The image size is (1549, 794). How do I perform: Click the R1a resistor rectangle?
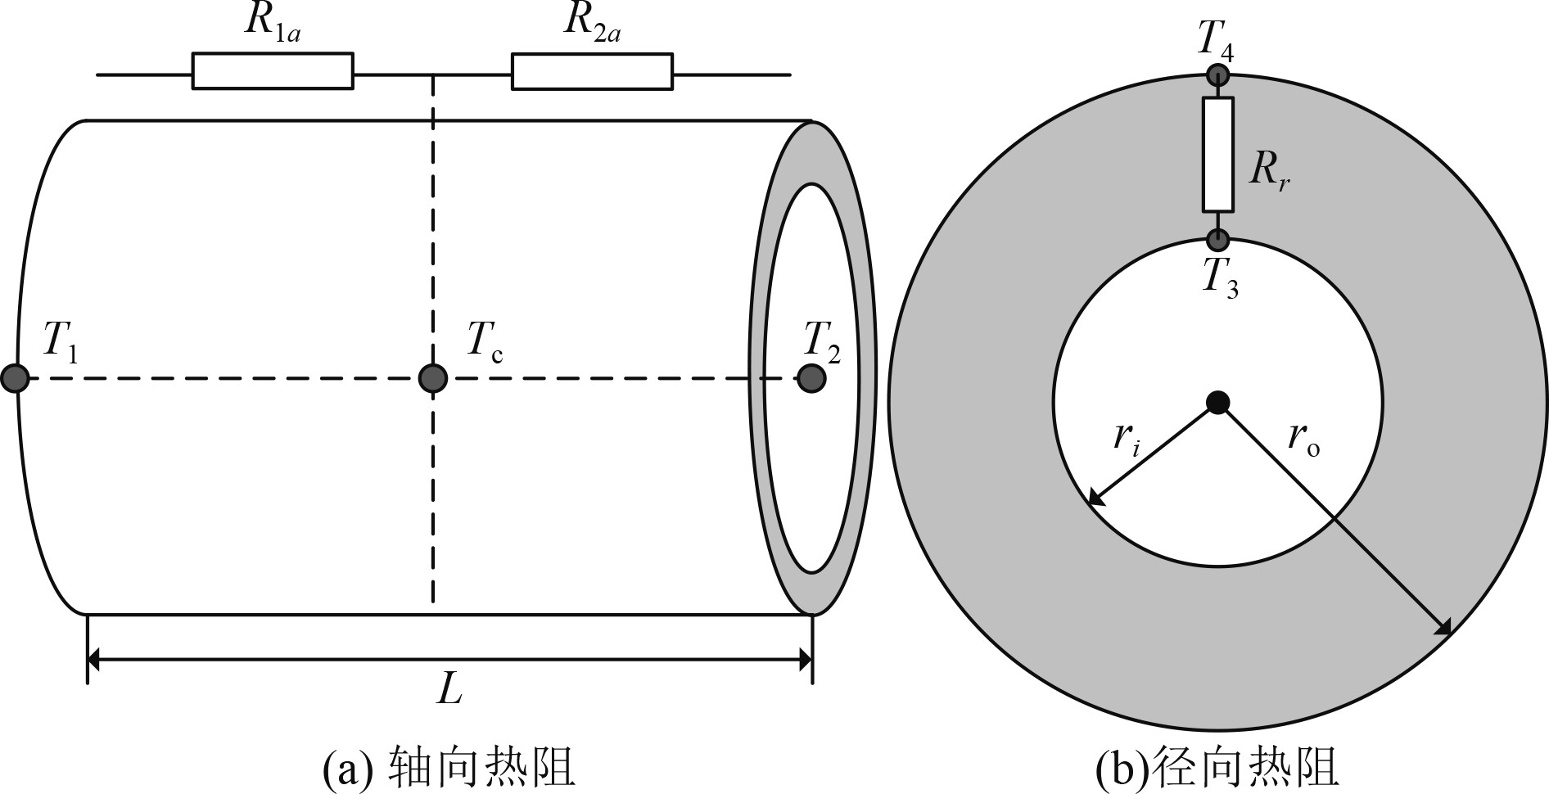click(x=273, y=71)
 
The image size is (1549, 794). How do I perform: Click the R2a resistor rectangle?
click(x=592, y=71)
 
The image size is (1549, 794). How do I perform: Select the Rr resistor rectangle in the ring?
click(x=1217, y=154)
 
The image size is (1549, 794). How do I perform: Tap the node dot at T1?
click(x=15, y=378)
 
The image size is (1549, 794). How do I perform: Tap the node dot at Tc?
click(x=432, y=378)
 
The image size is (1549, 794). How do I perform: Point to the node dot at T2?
click(x=811, y=378)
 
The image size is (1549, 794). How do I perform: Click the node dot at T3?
click(x=1218, y=240)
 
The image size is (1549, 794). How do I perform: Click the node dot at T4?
click(x=1218, y=76)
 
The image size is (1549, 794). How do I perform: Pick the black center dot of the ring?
click(x=1218, y=402)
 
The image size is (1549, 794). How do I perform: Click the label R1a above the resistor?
click(x=273, y=23)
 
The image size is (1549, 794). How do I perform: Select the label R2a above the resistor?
click(x=591, y=23)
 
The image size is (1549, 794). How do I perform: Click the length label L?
click(x=449, y=689)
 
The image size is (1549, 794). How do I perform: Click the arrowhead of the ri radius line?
click(x=1095, y=501)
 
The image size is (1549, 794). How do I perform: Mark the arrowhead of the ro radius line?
click(x=1444, y=629)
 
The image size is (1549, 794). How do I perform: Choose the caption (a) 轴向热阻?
click(x=449, y=767)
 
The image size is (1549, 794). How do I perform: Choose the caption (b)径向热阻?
click(x=1217, y=767)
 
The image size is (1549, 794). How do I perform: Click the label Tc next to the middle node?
click(x=485, y=341)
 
